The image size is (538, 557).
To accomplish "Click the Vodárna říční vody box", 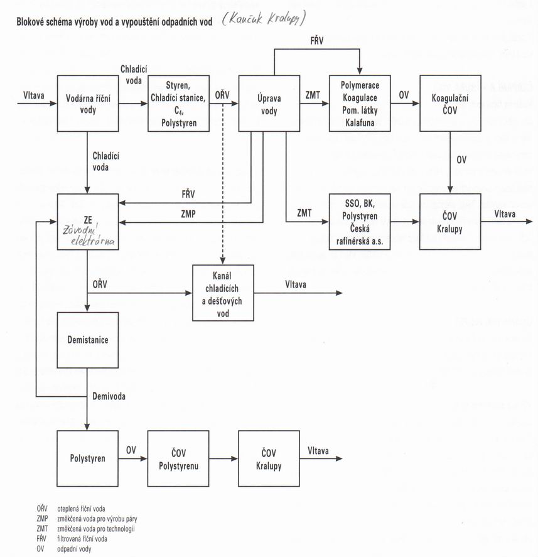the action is tap(88, 104).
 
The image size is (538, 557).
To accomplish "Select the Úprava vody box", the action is tap(269, 104).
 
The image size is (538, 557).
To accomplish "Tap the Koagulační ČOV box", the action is tap(450, 104).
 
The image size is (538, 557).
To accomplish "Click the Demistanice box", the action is tap(88, 340).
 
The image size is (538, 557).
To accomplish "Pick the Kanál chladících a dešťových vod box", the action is tap(223, 293).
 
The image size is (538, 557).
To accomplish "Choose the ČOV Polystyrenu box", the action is tap(178, 458).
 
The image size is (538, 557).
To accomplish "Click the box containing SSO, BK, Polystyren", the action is tap(360, 222).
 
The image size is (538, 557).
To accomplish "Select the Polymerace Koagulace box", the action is tap(360, 104).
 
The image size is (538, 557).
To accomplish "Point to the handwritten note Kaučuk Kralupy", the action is tap(264, 18).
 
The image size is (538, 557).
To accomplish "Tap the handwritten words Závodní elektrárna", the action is tap(89, 235).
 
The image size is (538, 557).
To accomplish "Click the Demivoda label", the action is tap(109, 396).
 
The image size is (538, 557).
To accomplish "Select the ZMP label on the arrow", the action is tap(188, 214).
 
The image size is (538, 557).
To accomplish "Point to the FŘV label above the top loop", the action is tap(317, 41).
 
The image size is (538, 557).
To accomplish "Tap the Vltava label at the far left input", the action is tap(34, 95).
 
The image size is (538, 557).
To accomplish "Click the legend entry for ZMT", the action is tap(85, 529).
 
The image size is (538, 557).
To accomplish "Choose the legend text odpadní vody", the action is tap(74, 549).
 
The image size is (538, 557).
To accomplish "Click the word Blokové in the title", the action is tap(30, 22).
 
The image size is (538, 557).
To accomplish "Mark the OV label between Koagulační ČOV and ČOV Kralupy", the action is tap(461, 160).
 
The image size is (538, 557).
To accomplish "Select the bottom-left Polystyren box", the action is tap(88, 458).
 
